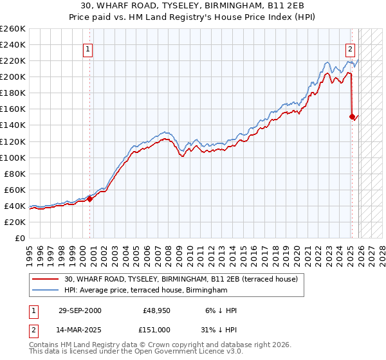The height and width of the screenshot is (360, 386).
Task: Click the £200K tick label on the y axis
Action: [x=13, y=76]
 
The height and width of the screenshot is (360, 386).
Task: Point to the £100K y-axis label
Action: [x=13, y=157]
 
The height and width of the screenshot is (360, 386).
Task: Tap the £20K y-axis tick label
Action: [x=15, y=222]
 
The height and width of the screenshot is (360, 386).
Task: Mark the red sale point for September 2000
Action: [x=90, y=199]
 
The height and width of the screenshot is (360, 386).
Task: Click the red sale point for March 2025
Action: [x=352, y=116]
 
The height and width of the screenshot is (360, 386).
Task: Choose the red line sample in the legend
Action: [x=46, y=280]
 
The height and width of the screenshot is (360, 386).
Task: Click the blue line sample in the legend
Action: [x=46, y=291]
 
